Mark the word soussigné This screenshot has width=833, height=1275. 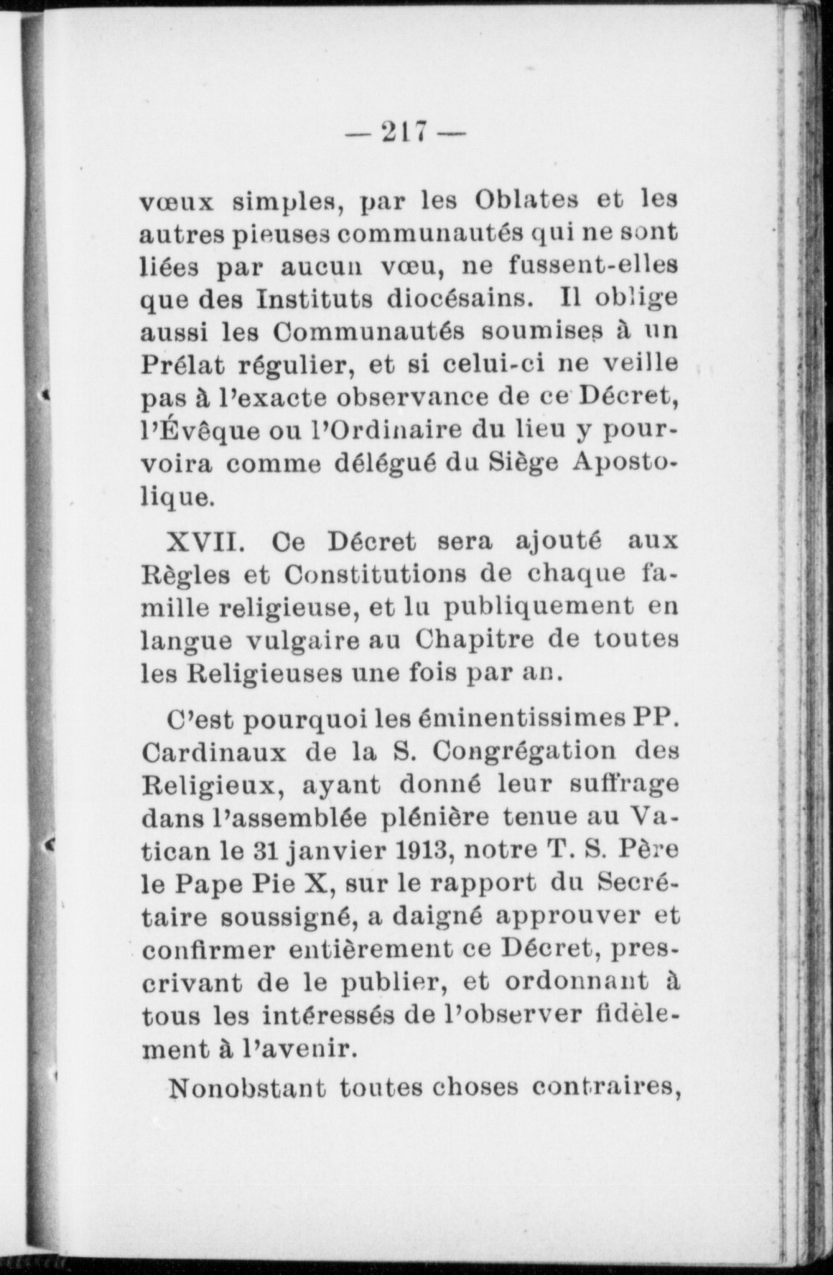point(294,917)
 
